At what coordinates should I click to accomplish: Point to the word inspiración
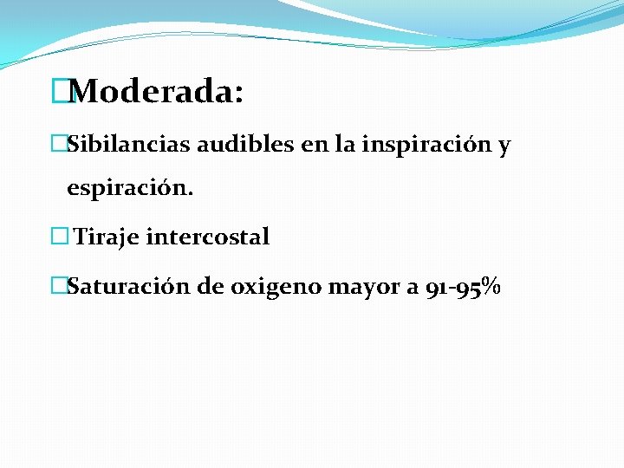[x=427, y=145]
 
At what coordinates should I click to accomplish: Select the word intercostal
[x=209, y=237]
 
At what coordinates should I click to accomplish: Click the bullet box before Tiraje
[x=59, y=237]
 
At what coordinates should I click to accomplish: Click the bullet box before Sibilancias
[x=59, y=144]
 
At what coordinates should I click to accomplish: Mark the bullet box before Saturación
[x=59, y=286]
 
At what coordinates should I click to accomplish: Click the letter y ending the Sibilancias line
[x=504, y=146]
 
